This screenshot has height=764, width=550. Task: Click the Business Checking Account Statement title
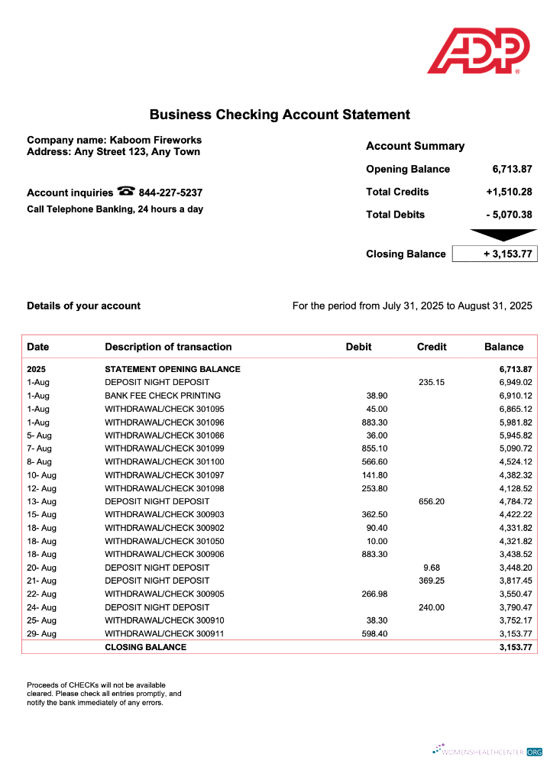point(280,115)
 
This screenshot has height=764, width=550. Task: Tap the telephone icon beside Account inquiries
point(126,192)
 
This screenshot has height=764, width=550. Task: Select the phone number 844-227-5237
point(170,193)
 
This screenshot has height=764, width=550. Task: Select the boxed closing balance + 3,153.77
point(495,254)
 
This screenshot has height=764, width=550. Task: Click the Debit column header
point(358,347)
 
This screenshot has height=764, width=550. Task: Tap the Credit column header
point(432,347)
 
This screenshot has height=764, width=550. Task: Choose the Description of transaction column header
point(168,347)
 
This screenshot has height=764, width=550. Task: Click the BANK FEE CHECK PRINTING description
point(163,396)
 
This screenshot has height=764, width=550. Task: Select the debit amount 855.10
point(374,448)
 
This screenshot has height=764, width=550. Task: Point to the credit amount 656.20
point(432,501)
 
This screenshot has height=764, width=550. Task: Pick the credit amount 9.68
point(432,568)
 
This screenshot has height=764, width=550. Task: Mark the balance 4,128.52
point(515,488)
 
